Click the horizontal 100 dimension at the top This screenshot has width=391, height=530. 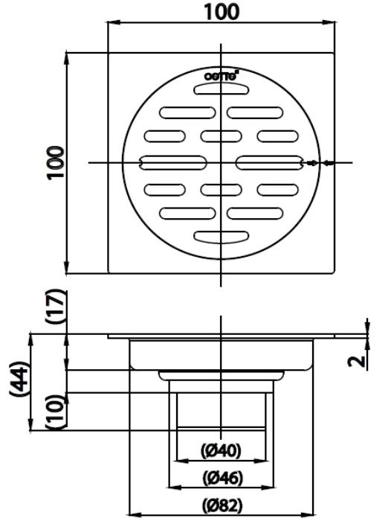tap(222, 13)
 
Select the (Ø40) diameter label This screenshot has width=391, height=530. tap(222, 451)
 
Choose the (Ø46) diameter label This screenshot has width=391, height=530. tap(222, 476)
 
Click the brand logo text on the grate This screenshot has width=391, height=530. tap(222, 75)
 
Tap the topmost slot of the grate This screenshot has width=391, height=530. tap(222, 89)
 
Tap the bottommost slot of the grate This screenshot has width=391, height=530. tap(222, 236)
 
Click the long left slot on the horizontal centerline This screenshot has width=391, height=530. tap(173, 162)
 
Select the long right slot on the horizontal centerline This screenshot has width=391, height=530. tap(269, 162)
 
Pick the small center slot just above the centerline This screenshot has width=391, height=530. tap(222, 136)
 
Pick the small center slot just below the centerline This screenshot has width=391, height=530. tap(222, 188)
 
